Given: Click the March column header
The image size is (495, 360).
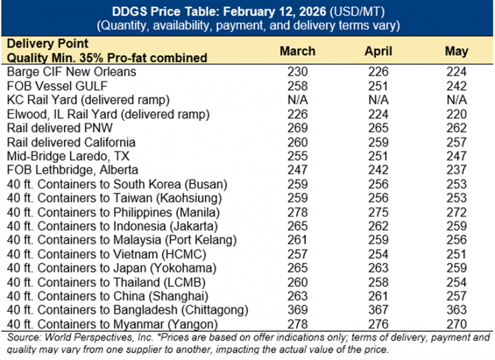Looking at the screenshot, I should [298, 51].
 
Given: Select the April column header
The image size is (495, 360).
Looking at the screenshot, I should [378, 51].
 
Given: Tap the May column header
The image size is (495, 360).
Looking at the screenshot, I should [456, 51].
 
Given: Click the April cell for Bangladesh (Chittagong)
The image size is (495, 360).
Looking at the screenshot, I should [378, 309].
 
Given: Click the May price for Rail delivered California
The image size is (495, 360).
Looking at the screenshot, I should [456, 142].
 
